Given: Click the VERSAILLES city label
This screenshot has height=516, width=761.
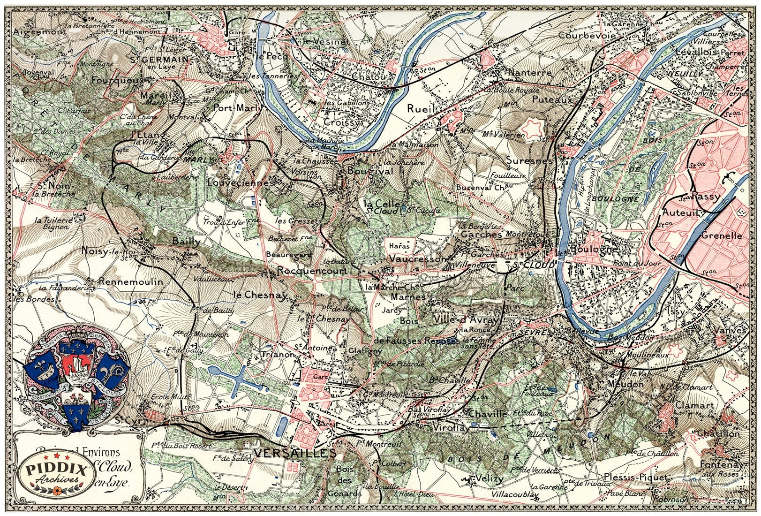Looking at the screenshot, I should point(295,453).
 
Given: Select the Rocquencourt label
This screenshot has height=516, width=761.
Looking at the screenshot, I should point(312,271).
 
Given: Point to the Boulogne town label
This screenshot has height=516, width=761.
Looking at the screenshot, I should point(593,249).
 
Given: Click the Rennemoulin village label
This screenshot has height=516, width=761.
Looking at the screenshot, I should point(131,282).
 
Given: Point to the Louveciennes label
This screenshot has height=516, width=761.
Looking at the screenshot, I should point(241,183).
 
